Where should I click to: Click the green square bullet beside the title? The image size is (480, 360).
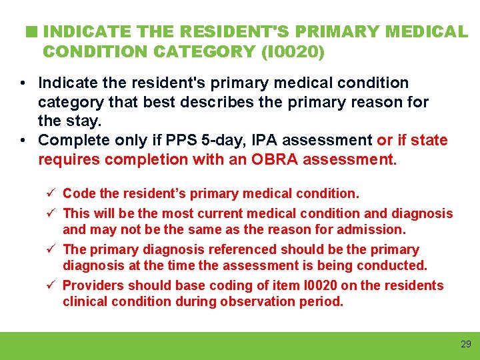[x=31, y=31]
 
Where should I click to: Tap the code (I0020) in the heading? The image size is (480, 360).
[x=291, y=51]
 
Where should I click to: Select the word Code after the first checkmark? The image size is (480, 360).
[x=78, y=194]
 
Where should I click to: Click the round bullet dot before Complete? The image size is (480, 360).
[x=23, y=141]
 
